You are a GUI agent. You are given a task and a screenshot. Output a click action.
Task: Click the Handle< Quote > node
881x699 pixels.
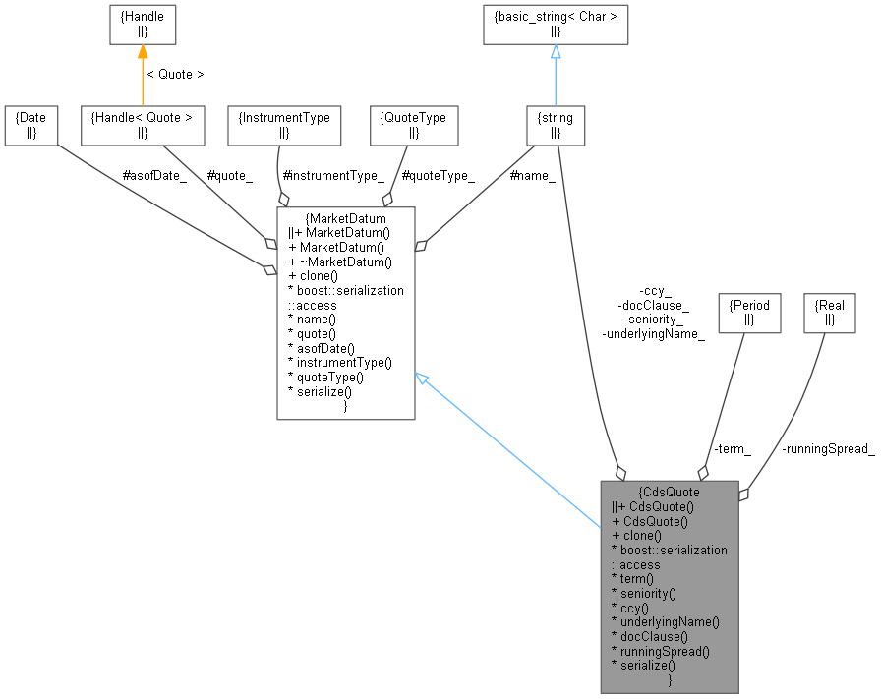[x=142, y=125]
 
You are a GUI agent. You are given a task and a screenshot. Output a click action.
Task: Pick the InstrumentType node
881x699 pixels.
[x=284, y=125]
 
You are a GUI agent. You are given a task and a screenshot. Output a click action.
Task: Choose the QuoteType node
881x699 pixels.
[x=413, y=125]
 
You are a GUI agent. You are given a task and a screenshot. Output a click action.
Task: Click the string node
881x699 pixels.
[x=556, y=125]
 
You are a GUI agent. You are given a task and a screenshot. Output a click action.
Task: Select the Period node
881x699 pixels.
[x=748, y=313]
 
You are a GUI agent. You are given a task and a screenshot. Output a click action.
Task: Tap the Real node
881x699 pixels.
[x=830, y=313]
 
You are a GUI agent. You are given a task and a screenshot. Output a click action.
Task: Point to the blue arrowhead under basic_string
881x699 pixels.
[x=556, y=53]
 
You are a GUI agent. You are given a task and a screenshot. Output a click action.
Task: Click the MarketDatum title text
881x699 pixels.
[x=347, y=218]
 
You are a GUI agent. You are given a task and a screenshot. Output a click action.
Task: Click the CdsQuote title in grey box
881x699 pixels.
[x=670, y=493]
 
